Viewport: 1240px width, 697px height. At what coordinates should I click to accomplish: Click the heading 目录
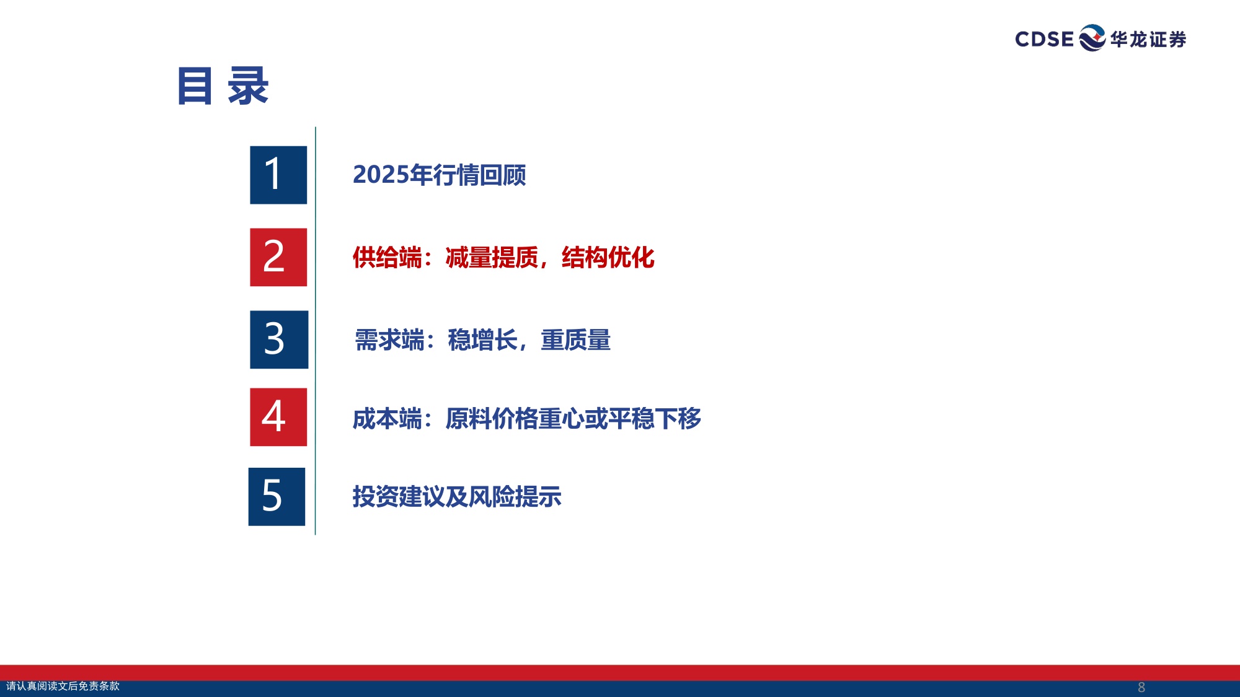[223, 86]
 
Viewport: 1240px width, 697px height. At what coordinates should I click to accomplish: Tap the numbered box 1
[278, 175]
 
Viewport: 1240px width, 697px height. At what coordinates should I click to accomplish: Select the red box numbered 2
[278, 257]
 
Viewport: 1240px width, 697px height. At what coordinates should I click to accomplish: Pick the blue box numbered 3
[279, 340]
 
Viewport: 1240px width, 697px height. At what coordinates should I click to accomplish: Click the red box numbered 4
[278, 417]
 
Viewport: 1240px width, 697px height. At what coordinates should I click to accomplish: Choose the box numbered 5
[277, 496]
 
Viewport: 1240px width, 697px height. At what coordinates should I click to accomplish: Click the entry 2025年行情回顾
[439, 175]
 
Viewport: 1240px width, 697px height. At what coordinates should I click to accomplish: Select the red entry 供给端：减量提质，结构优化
[503, 258]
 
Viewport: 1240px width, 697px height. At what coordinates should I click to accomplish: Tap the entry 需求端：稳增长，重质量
[482, 340]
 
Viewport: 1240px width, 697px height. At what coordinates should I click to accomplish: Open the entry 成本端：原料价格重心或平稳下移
[526, 419]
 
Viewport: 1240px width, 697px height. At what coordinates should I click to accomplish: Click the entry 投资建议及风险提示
[457, 497]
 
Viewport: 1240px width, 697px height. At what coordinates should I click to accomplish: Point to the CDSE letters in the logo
[1044, 39]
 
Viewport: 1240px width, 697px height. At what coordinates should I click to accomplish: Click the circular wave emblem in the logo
[1092, 38]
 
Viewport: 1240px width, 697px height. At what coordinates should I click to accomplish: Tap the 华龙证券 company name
[1148, 40]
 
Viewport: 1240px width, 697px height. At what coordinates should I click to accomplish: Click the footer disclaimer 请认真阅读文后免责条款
[63, 686]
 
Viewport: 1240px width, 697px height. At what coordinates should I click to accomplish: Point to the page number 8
[1141, 687]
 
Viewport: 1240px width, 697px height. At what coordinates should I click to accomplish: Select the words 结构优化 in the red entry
[608, 258]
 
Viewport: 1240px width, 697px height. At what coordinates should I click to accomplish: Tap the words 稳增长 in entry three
[482, 340]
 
